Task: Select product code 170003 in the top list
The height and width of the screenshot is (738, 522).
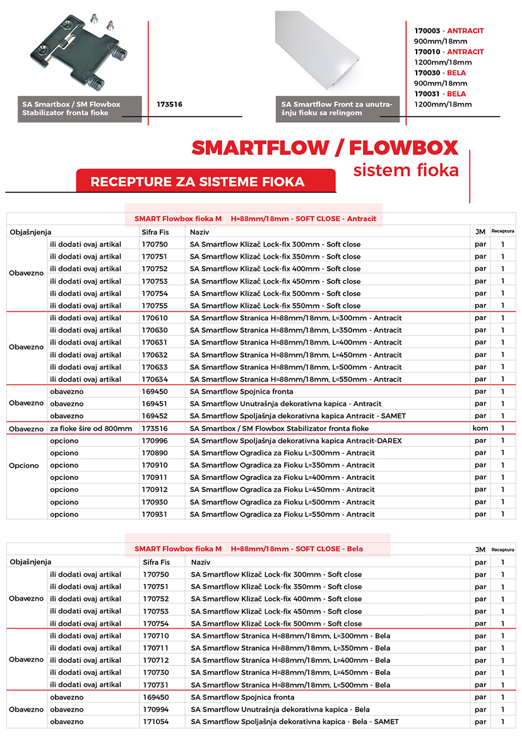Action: pos(427,30)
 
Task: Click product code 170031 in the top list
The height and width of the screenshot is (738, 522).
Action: pos(427,94)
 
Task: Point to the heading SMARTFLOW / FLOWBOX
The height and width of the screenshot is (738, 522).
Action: pos(324,148)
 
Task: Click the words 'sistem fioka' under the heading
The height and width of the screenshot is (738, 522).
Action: pos(405,170)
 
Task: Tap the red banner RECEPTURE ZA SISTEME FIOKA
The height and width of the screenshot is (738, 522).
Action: pos(198,182)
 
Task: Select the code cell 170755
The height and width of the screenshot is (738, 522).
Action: pos(155,306)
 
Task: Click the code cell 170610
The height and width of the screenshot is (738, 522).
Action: pos(155,318)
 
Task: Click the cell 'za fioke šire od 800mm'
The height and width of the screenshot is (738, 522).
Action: pos(91,428)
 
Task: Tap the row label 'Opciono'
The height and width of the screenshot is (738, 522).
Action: pos(24,466)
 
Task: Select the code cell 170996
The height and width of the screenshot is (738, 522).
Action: pos(155,441)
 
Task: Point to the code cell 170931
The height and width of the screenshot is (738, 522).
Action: pos(155,515)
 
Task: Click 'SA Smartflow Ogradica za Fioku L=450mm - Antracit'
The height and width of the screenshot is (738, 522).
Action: pos(282,490)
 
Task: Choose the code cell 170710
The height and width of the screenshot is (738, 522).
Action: pos(155,635)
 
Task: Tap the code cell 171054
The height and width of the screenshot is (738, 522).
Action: pos(155,722)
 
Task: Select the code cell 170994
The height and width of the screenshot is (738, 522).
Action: pos(155,710)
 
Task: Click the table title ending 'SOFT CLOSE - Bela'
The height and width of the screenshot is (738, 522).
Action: pos(249,549)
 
